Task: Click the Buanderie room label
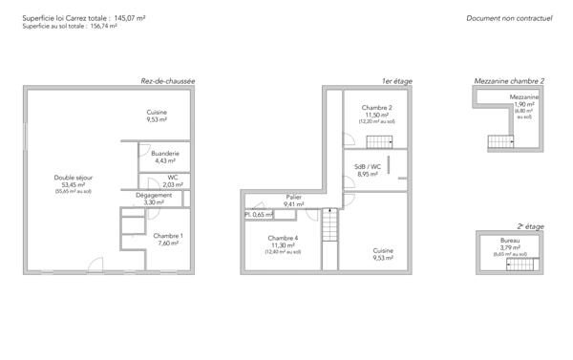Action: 166,156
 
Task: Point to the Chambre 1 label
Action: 168,239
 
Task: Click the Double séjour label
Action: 74,181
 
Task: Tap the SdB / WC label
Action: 368,170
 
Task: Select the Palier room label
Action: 293,200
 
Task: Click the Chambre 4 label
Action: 283,241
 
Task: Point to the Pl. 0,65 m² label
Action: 261,214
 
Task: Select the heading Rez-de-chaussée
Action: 167,81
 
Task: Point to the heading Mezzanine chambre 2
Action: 509,81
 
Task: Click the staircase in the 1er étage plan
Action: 329,229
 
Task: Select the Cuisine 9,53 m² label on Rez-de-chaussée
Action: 157,116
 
